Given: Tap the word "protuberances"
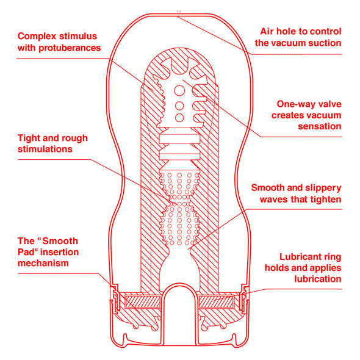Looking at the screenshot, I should pos(68,48).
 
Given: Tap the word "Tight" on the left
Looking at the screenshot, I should pos(30,138).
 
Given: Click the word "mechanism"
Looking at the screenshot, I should pos(43,263).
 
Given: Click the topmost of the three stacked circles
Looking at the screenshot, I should pos(179,90).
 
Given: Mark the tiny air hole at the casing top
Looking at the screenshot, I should pos(179,10).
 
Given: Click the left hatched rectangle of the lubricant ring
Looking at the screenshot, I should pos(141,300).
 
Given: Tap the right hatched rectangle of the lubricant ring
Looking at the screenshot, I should pos(218,300).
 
